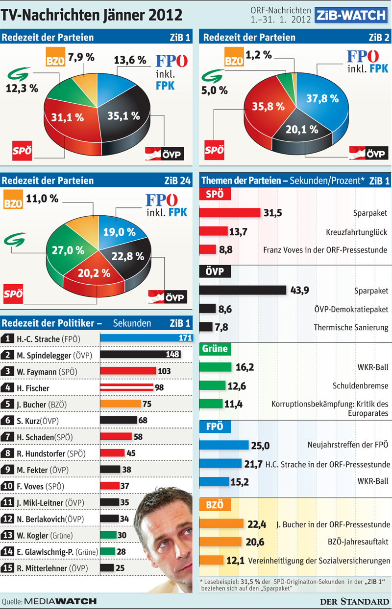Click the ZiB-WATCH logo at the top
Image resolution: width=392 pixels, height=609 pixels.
click(351, 15)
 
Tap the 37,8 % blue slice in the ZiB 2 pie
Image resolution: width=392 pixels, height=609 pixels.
click(323, 101)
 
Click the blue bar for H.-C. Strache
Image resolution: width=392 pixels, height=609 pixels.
click(147, 338)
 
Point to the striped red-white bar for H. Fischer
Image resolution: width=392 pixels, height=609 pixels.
click(127, 387)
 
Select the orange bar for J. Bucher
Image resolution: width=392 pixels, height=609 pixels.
click(121, 404)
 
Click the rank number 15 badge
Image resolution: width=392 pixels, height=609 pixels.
click(7, 568)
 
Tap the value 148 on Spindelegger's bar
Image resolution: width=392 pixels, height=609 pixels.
click(172, 354)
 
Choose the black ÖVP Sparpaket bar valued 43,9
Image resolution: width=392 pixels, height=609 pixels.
click(243, 290)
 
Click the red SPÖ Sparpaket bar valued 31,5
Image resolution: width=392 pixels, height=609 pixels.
click(230, 213)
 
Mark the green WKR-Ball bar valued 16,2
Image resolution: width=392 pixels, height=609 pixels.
click(215, 367)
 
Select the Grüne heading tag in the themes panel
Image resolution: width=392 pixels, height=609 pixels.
click(215, 349)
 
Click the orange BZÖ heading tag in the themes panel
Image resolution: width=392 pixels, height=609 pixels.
click(215, 505)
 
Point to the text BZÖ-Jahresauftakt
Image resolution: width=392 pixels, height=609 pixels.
click(358, 541)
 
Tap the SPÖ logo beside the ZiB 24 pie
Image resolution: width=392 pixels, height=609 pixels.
click(13, 294)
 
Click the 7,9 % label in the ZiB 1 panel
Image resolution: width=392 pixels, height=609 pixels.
click(81, 57)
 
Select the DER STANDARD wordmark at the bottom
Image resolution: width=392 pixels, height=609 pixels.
click(355, 601)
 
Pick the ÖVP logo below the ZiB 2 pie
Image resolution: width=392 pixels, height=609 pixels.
click(368, 153)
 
